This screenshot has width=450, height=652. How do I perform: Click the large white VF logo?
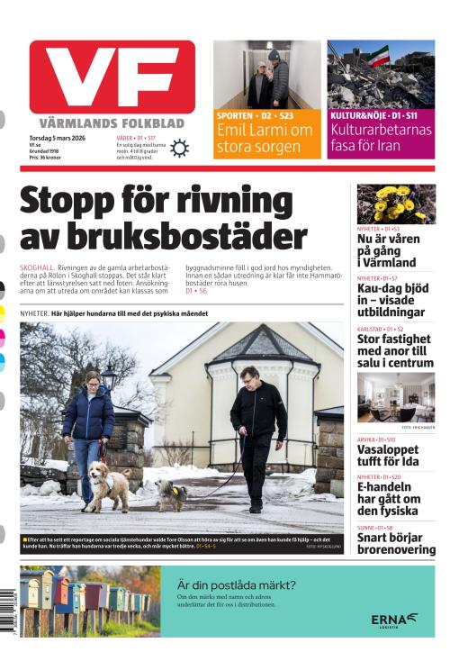[112, 77]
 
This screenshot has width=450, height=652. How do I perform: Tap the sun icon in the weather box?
[179, 149]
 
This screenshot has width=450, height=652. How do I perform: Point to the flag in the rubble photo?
[379, 56]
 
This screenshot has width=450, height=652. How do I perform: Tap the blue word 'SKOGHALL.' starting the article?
[37, 268]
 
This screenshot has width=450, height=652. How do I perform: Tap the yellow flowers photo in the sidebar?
[396, 204]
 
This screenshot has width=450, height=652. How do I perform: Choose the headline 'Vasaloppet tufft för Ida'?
[389, 455]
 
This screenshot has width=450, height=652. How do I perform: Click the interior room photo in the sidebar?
[396, 396]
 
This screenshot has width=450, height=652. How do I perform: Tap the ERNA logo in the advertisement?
[394, 620]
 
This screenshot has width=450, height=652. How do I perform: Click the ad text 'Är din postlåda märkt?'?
[236, 584]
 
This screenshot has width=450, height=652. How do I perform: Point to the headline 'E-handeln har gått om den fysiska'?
[388, 498]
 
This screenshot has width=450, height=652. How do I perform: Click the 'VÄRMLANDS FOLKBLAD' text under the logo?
[112, 122]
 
